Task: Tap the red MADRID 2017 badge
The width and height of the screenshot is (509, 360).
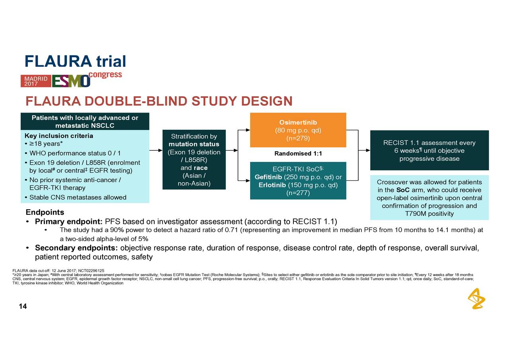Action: click(36, 81)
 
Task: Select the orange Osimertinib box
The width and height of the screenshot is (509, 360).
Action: click(298, 130)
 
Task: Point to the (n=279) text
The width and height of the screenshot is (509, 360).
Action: click(298, 138)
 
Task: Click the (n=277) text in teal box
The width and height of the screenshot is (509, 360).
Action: click(298, 193)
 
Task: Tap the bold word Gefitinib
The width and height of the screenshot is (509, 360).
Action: click(269, 177)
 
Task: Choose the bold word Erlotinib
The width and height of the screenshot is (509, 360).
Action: click(272, 185)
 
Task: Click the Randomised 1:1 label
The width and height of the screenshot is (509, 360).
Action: click(298, 154)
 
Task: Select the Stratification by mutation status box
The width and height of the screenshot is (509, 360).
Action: click(194, 159)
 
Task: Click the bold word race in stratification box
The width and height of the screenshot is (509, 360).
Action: click(200, 168)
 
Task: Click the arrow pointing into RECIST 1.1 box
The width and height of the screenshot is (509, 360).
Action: click(364, 151)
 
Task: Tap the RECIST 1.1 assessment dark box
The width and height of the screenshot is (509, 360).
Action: click(429, 150)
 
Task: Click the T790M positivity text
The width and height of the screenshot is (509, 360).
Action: click(429, 214)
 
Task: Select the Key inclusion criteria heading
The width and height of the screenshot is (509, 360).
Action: click(59, 136)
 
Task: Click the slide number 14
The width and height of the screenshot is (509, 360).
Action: click(23, 306)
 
